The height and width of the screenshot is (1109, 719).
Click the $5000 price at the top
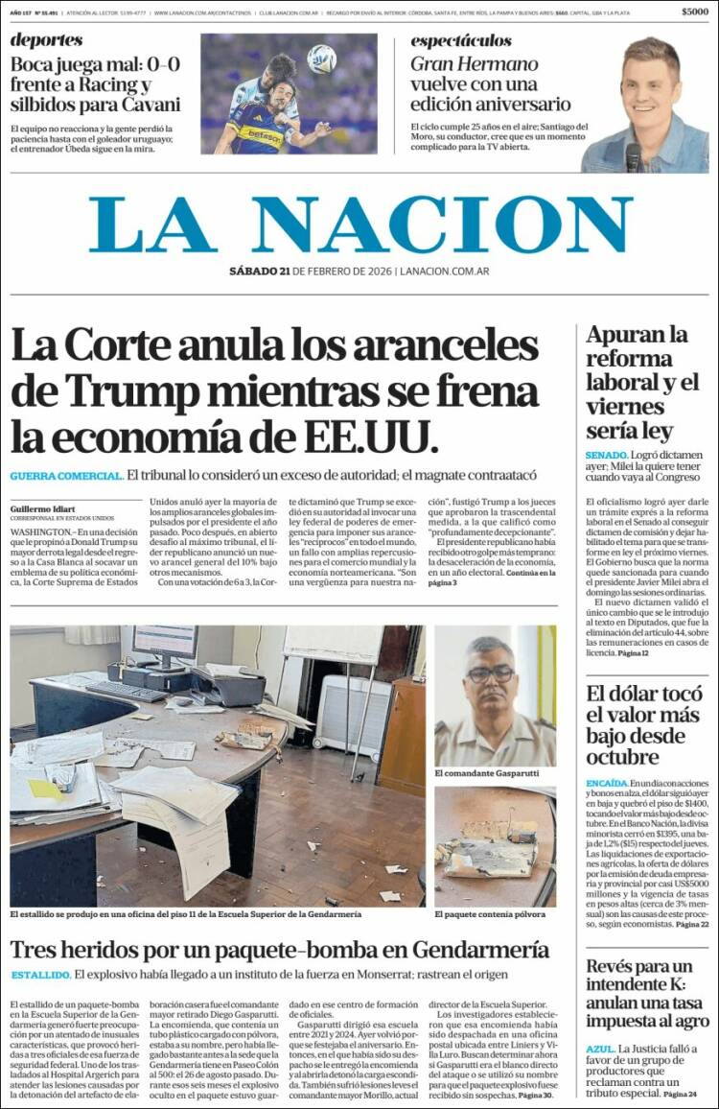[x=695, y=12]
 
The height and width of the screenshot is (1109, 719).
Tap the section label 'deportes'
[x=47, y=40]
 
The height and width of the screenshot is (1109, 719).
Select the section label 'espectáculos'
[x=461, y=41]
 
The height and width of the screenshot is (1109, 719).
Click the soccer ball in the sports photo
[x=321, y=59]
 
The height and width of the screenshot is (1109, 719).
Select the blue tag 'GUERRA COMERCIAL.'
[x=66, y=476]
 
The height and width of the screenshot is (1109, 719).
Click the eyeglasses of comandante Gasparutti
[x=491, y=673]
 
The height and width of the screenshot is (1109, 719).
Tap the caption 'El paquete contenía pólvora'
[x=490, y=914]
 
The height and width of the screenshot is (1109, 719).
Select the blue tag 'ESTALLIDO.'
[x=40, y=975]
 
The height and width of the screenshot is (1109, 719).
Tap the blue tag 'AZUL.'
[x=600, y=1050]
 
